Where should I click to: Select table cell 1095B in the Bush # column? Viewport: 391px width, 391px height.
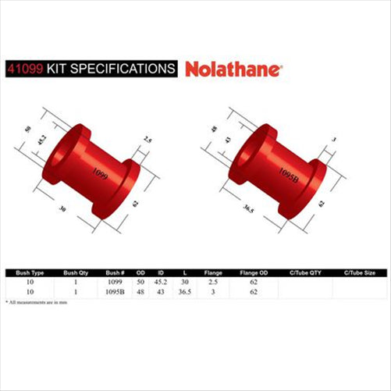pos(116,290)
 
